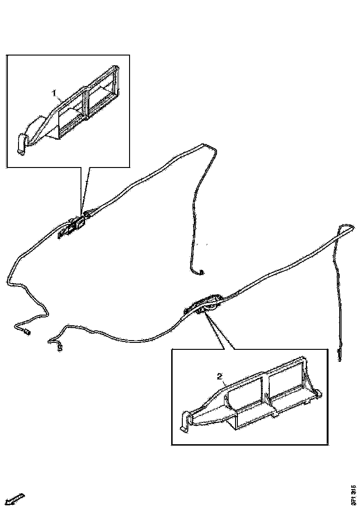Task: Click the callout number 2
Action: (x=220, y=377)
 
